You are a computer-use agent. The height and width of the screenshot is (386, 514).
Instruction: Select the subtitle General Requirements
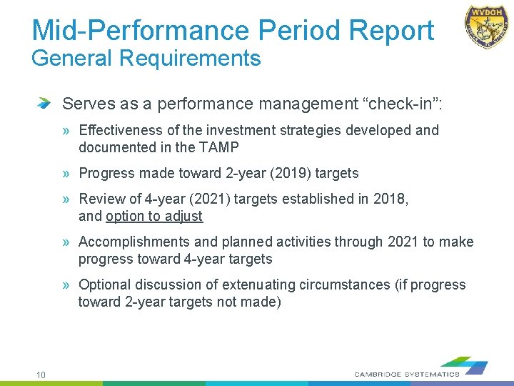point(146,59)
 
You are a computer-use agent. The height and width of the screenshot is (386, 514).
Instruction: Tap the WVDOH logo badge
point(487,26)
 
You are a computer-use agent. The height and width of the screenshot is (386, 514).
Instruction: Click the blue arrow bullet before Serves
point(45,104)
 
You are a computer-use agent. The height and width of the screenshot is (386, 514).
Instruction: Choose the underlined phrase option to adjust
point(154,216)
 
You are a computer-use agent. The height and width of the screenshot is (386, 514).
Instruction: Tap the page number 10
point(41,375)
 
